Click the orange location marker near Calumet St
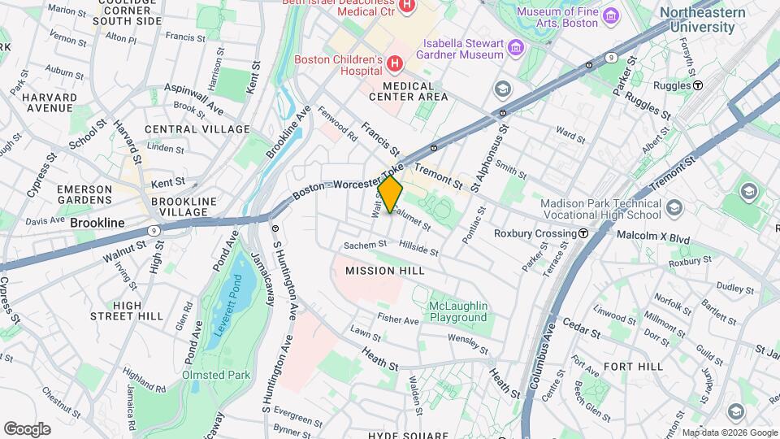click(391, 194)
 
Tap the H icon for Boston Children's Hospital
click(394, 63)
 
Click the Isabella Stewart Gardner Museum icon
click(514, 50)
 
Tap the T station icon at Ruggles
click(697, 85)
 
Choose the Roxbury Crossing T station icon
click(583, 233)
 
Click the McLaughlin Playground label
click(458, 311)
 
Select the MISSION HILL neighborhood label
click(375, 270)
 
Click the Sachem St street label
click(365, 244)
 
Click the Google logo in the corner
click(28, 428)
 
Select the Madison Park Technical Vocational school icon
click(673, 209)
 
